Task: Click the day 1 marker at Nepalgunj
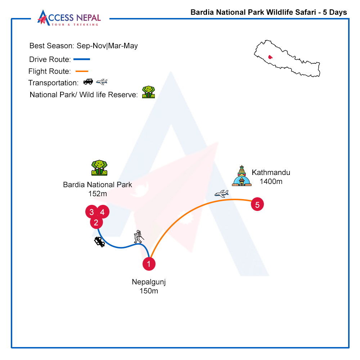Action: click(149, 264)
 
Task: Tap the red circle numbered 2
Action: click(96, 222)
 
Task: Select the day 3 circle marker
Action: click(91, 212)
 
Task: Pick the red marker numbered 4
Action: click(103, 212)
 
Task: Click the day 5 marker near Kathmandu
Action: click(257, 204)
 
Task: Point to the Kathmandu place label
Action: click(271, 172)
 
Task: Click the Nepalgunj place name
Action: click(149, 282)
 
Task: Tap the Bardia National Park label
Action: click(97, 185)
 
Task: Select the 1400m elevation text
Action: click(271, 181)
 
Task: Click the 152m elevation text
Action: click(98, 194)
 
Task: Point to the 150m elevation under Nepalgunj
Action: click(149, 291)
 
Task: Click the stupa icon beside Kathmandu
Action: click(242, 176)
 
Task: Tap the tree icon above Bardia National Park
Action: click(99, 168)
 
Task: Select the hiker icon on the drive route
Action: click(139, 237)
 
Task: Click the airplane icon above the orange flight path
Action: click(221, 194)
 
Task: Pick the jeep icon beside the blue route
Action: click(100, 242)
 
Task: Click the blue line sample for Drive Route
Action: click(82, 59)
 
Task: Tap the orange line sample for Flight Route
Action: click(82, 71)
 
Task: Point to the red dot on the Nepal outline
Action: click(270, 57)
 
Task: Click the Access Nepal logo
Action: click(69, 18)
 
